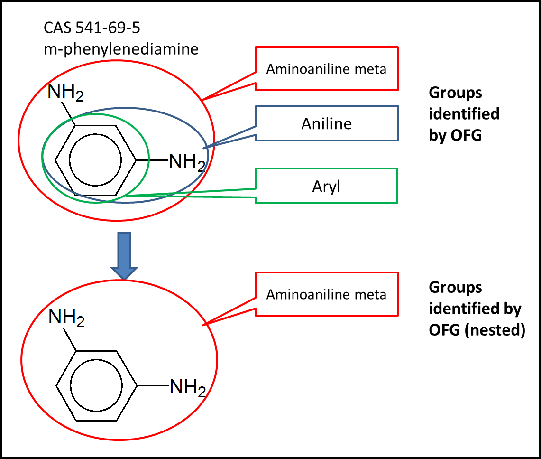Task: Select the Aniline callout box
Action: [327, 123]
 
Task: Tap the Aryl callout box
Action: [326, 186]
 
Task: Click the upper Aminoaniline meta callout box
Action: [326, 69]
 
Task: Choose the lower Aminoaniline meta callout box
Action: [326, 294]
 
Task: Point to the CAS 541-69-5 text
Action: [92, 28]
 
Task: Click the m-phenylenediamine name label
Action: [121, 48]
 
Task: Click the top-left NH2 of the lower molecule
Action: [66, 318]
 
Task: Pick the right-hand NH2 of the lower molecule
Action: [188, 388]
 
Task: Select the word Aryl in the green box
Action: [326, 187]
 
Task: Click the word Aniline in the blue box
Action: [327, 124]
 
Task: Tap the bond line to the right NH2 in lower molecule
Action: [153, 386]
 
